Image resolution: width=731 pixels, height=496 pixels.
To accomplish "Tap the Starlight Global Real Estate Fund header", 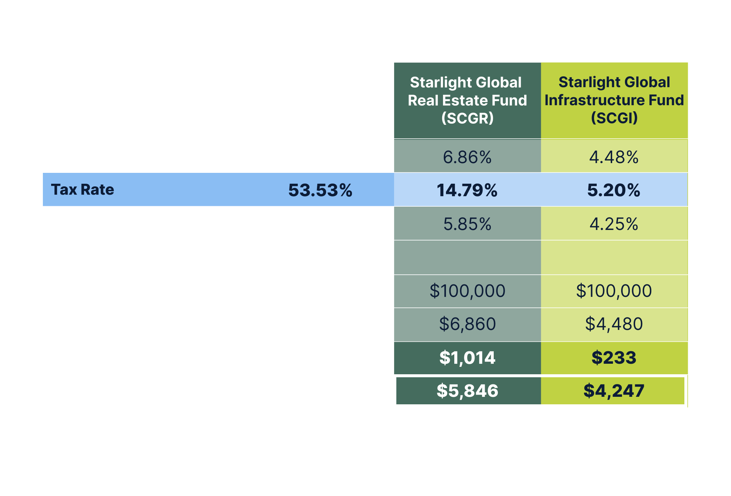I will pos(467,100).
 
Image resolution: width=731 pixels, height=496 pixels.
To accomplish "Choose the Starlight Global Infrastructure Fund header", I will pos(614,100).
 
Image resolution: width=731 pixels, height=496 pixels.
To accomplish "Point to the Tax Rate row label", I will pos(82,190).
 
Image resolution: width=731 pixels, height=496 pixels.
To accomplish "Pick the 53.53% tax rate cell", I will pos(320,190).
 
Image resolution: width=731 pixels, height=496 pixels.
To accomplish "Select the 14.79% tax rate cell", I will pos(467,190).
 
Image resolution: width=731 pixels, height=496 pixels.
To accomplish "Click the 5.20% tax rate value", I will pos(614,190).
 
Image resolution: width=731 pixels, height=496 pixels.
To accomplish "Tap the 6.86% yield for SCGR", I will pos(467,157).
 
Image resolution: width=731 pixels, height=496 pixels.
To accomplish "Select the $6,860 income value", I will pos(467,324).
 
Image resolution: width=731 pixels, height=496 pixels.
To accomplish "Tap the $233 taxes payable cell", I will pos(614,357).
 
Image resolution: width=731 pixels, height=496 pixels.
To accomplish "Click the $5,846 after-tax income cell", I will pos(467,391).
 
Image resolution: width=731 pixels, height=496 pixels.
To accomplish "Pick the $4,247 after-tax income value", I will pos(614,391).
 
